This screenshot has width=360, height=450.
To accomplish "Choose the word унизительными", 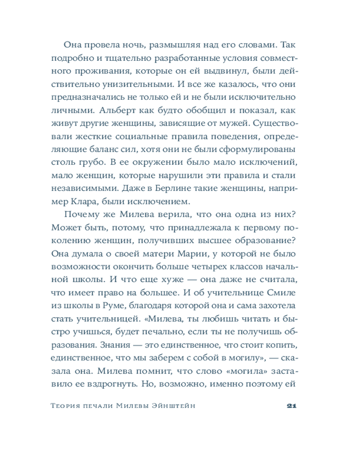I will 130,84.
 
